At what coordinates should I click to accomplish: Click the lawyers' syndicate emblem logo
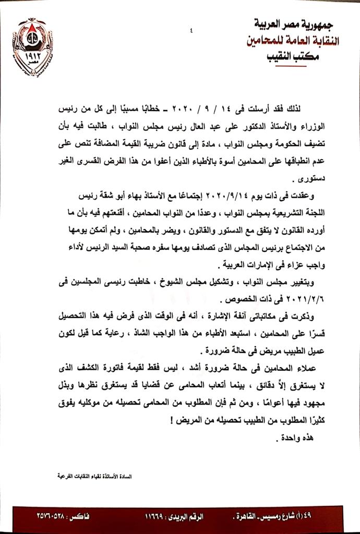point(32,47)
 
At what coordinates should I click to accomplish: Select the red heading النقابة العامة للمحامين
point(293,40)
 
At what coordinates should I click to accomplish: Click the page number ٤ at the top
point(192,31)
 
